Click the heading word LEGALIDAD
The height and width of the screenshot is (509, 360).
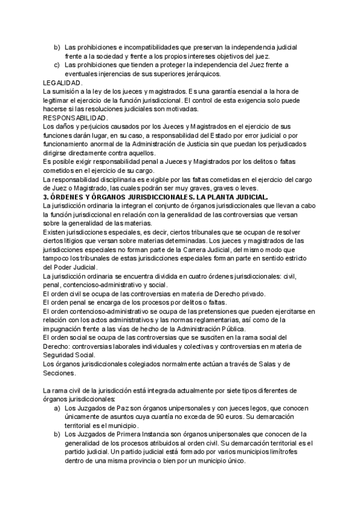(64, 82)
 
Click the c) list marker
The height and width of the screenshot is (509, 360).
(56, 65)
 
